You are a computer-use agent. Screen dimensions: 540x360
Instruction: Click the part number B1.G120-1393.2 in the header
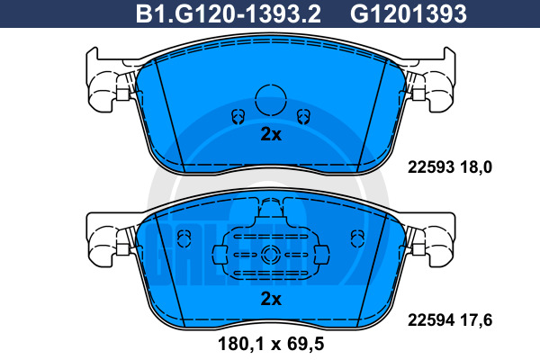pos(229,13)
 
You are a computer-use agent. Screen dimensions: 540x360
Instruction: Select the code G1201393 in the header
pos(409,13)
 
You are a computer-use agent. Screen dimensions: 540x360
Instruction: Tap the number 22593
pos(431,167)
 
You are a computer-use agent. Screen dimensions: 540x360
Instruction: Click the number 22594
pos(431,320)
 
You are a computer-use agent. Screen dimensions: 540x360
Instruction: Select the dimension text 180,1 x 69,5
pos(271,344)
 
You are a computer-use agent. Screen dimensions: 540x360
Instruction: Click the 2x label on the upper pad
pos(271,134)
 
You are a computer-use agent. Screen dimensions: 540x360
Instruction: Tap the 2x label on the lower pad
pos(271,299)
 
